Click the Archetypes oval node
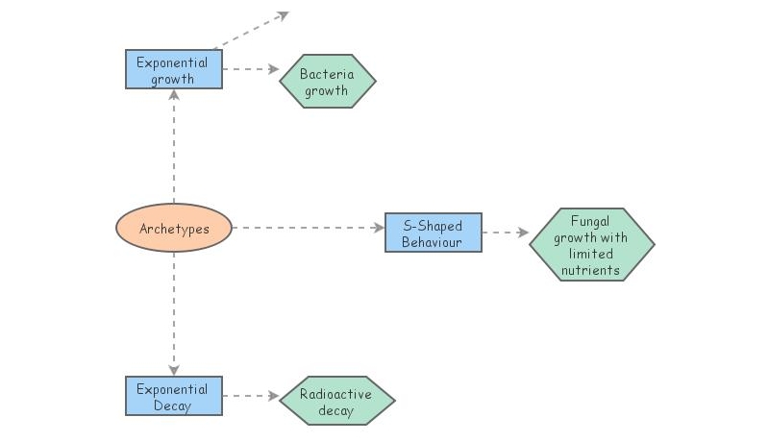pyautogui.click(x=174, y=229)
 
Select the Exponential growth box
pyautogui.click(x=174, y=69)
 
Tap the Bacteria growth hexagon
pyautogui.click(x=327, y=82)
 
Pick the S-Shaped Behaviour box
pyautogui.click(x=433, y=233)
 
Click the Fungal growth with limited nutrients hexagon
pyautogui.click(x=591, y=245)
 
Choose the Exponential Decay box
pyautogui.click(x=174, y=396)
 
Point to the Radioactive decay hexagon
pyautogui.click(x=336, y=402)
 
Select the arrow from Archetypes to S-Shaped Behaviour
pyautogui.click(x=308, y=228)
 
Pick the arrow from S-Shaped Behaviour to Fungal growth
pyautogui.click(x=506, y=233)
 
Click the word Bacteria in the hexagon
pyautogui.click(x=327, y=74)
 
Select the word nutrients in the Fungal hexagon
pyautogui.click(x=591, y=270)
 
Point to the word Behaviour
pyautogui.click(x=432, y=241)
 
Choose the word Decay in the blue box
pyautogui.click(x=172, y=405)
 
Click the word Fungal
pyautogui.click(x=590, y=221)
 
